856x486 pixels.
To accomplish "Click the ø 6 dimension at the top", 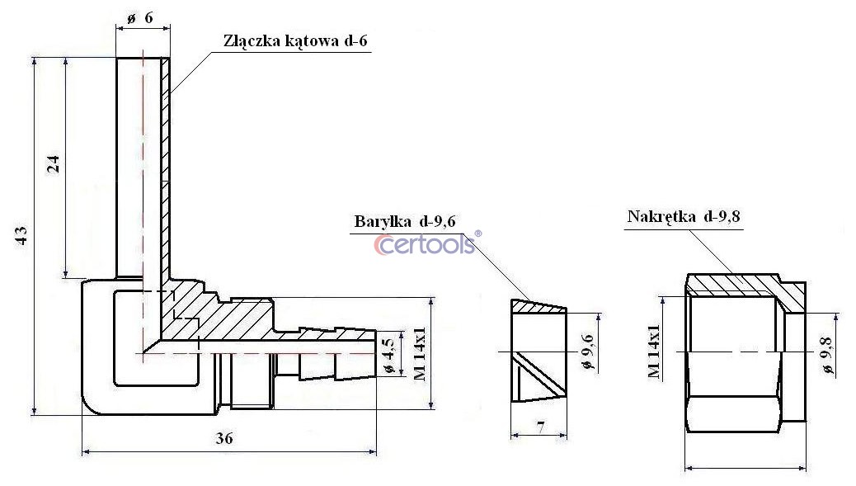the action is pos(140,18).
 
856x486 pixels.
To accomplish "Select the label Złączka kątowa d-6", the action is pos(295,41).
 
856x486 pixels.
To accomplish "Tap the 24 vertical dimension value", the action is pos(53,164).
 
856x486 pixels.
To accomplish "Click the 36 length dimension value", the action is pos(223,438).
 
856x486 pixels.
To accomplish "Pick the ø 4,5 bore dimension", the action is pos(388,356).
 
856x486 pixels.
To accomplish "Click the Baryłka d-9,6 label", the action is pos(405,221).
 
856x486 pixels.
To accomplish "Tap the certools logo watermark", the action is pos(424,244).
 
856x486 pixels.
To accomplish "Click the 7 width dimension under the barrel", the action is pos(540,427).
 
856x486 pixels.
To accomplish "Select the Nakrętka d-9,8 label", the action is pos(684,216).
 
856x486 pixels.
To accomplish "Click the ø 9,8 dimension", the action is pos(828,356).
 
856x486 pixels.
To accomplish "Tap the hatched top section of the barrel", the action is pos(538,306).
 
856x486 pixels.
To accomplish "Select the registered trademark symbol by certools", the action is pos(478,234).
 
